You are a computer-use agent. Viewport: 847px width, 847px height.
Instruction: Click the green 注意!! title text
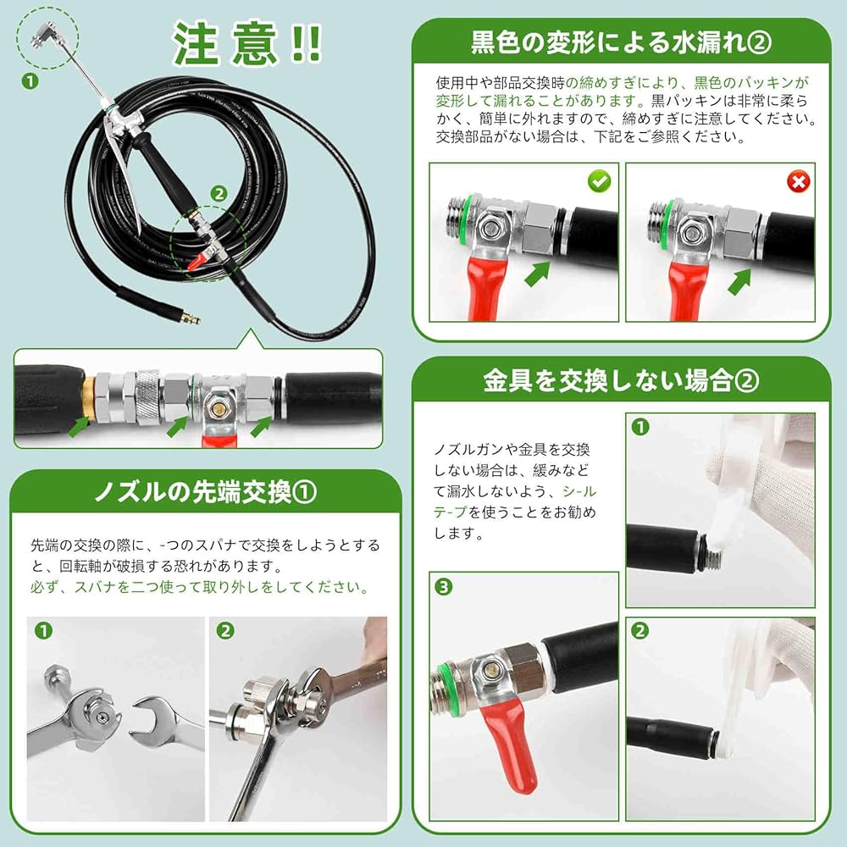pos(246,43)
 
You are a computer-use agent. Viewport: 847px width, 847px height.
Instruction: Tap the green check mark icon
pos(599,180)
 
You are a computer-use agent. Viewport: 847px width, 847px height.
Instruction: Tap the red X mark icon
pos(795,180)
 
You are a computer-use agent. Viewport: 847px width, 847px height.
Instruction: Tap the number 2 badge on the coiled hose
pos(219,192)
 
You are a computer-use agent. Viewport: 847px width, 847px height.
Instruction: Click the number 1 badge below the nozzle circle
pos(30,82)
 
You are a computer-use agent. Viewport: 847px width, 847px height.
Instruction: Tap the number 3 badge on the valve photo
pos(444,586)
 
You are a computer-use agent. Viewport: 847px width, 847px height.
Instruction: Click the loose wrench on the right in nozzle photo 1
pos(161,720)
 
